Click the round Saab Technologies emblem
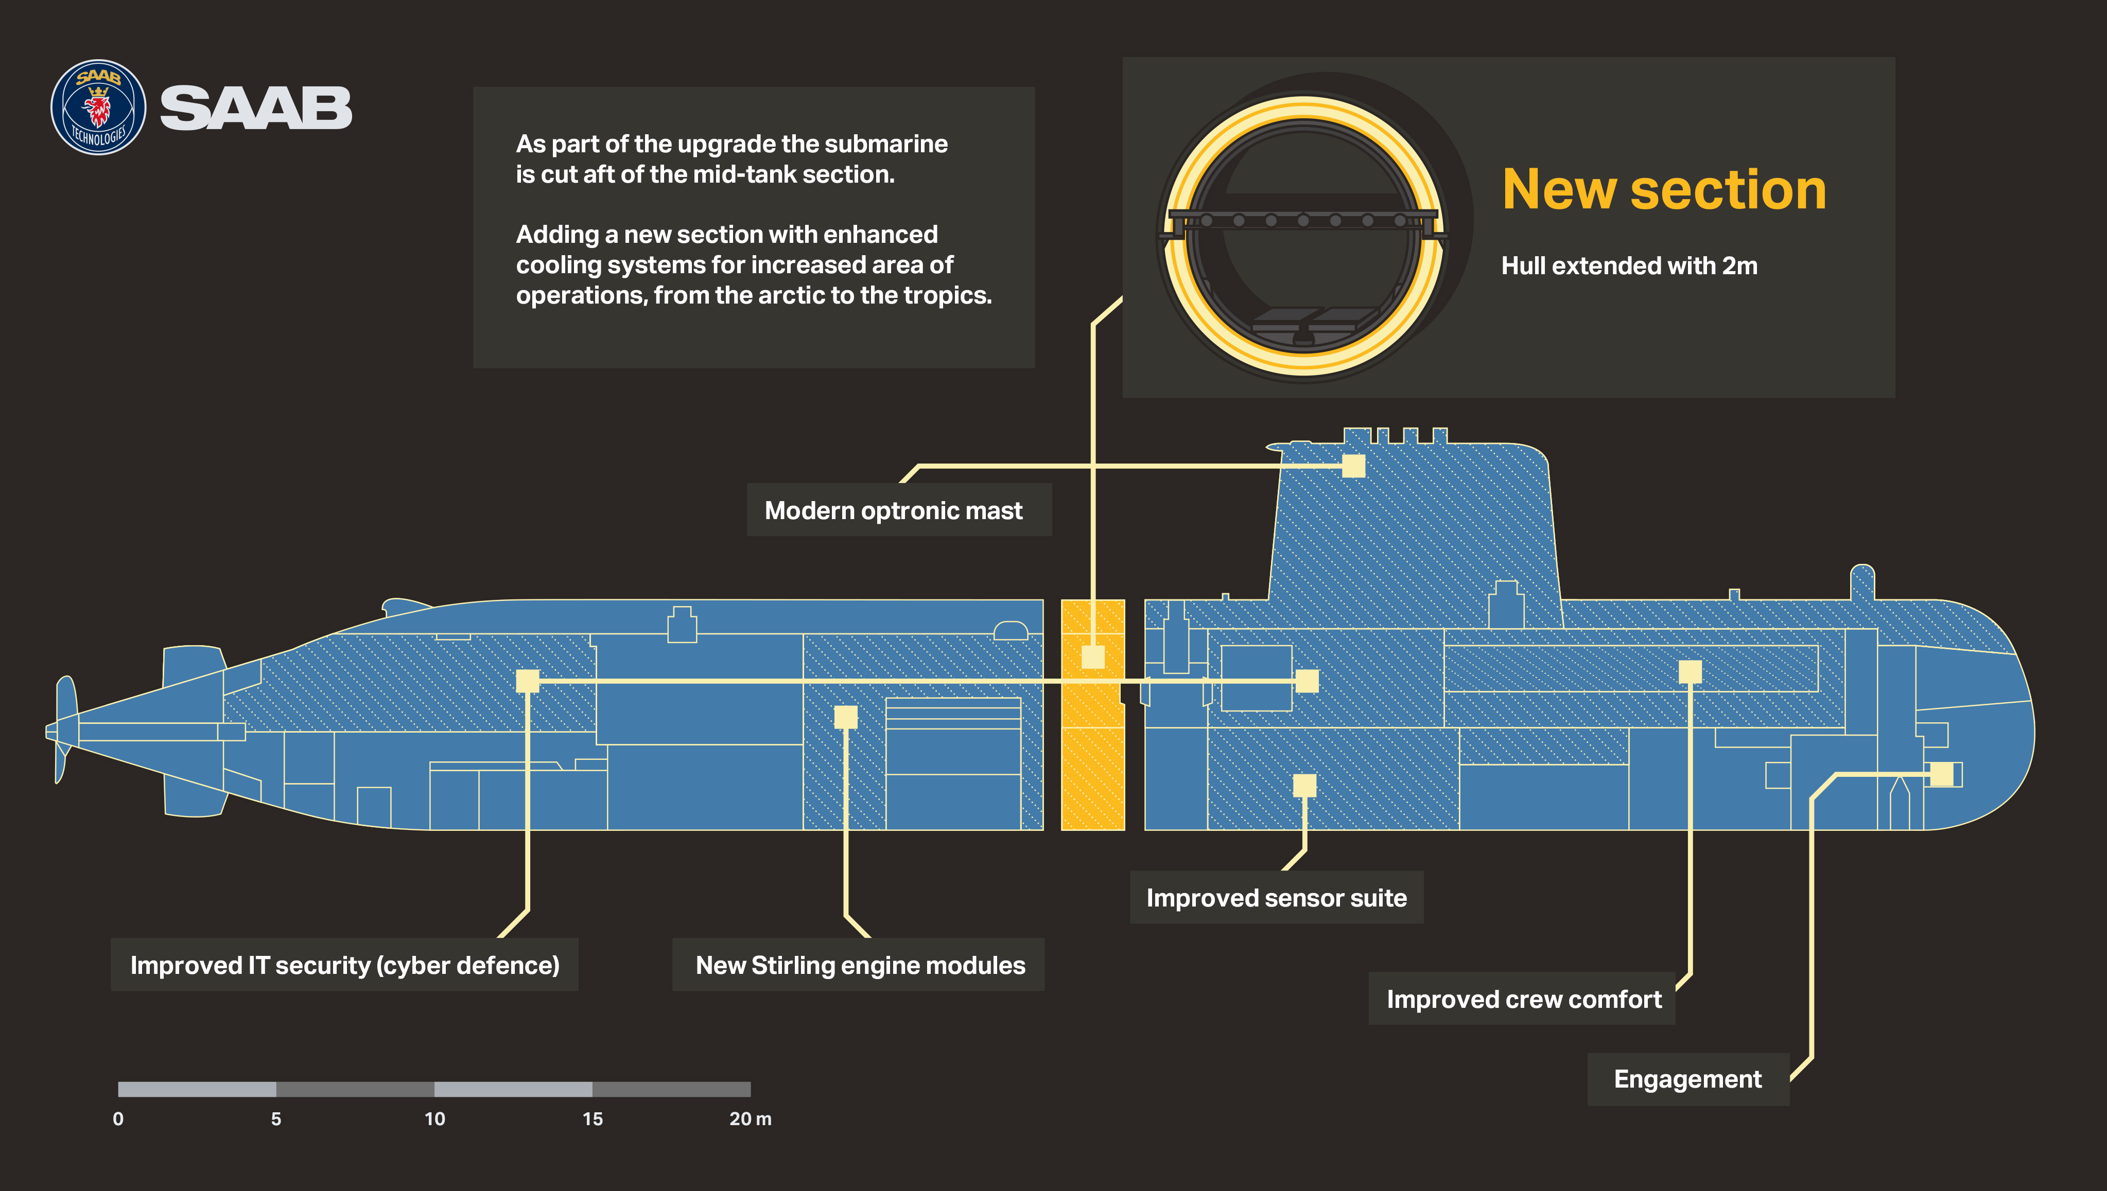tap(98, 107)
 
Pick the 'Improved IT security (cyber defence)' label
tap(344, 965)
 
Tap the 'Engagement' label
tap(1688, 1079)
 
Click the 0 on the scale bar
tap(118, 1119)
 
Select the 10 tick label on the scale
tap(434, 1119)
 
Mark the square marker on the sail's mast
tap(1353, 466)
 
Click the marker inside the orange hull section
tap(1093, 657)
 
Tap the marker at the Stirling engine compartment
tap(845, 717)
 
